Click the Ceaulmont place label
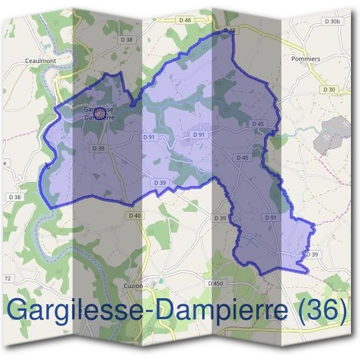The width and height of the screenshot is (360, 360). (x=41, y=61)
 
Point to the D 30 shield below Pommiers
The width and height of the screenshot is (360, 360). (x=329, y=89)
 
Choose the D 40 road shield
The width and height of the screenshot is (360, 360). (x=135, y=215)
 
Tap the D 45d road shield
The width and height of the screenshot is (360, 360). (x=215, y=283)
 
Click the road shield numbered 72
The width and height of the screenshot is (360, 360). (x=8, y=279)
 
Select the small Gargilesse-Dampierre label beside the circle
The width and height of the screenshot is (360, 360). (x=100, y=114)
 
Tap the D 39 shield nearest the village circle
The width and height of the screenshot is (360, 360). (x=98, y=148)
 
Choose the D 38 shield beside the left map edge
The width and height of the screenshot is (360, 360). (x=14, y=196)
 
